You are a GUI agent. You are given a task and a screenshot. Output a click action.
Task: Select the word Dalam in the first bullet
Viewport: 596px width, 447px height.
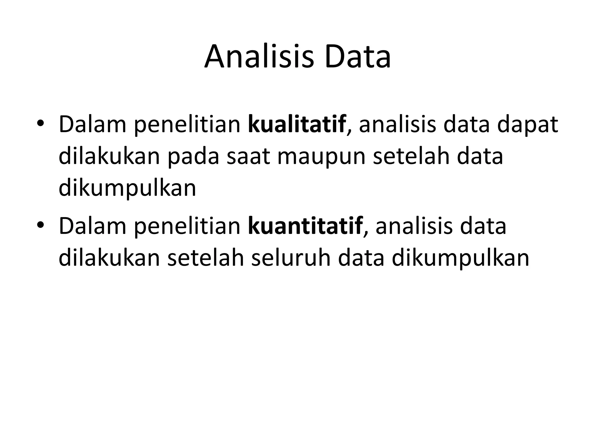[93, 125]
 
